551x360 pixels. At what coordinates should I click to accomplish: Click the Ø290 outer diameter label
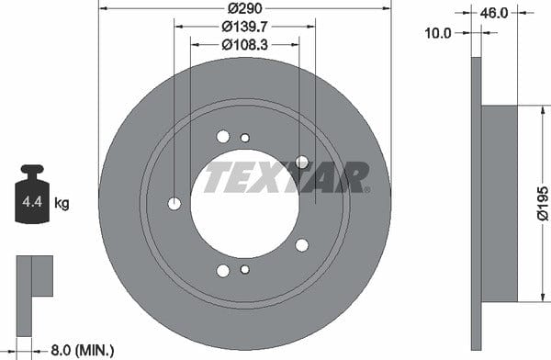pyautogui.click(x=245, y=8)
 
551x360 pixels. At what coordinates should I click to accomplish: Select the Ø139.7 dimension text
pyautogui.click(x=245, y=27)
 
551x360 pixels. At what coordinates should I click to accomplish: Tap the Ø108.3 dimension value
pyautogui.click(x=245, y=45)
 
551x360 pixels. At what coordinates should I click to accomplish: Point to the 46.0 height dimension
pyautogui.click(x=494, y=13)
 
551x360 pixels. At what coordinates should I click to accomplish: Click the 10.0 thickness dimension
pyautogui.click(x=438, y=33)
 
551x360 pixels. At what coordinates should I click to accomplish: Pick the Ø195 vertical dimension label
pyautogui.click(x=543, y=204)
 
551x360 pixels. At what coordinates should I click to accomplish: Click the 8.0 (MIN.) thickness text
pyautogui.click(x=83, y=350)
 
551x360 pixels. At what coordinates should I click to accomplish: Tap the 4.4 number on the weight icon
pyautogui.click(x=32, y=202)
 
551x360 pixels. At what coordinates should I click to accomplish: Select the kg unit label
pyautogui.click(x=62, y=203)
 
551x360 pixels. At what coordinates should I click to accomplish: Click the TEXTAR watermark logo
pyautogui.click(x=287, y=177)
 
